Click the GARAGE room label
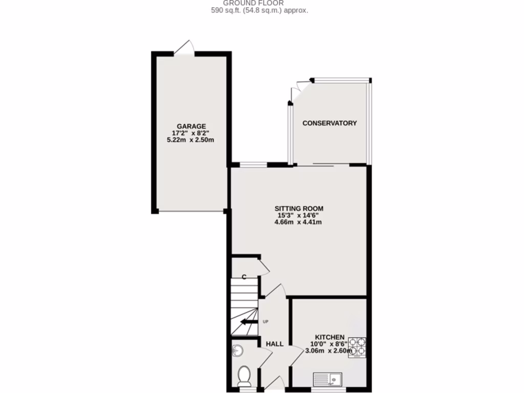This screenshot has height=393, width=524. tap(191, 126)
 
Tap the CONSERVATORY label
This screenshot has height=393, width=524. tap(330, 123)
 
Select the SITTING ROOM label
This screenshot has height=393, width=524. tap(299, 208)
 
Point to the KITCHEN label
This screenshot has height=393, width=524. tap(329, 337)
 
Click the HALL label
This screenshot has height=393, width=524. tap(274, 344)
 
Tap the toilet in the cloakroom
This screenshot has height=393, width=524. tap(244, 376)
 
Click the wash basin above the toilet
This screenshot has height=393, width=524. tap(237, 351)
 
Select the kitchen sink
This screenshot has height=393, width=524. tap(328, 379)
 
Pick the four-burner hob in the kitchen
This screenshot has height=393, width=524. tap(357, 346)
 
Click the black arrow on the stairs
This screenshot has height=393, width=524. tap(249, 321)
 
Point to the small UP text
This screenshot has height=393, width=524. tap(265, 322)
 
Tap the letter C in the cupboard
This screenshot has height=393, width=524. tap(244, 277)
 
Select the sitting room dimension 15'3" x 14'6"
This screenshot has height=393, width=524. tap(299, 215)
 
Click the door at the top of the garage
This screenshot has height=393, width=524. tap(185, 47)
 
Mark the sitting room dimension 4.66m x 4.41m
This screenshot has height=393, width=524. tap(299, 222)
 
